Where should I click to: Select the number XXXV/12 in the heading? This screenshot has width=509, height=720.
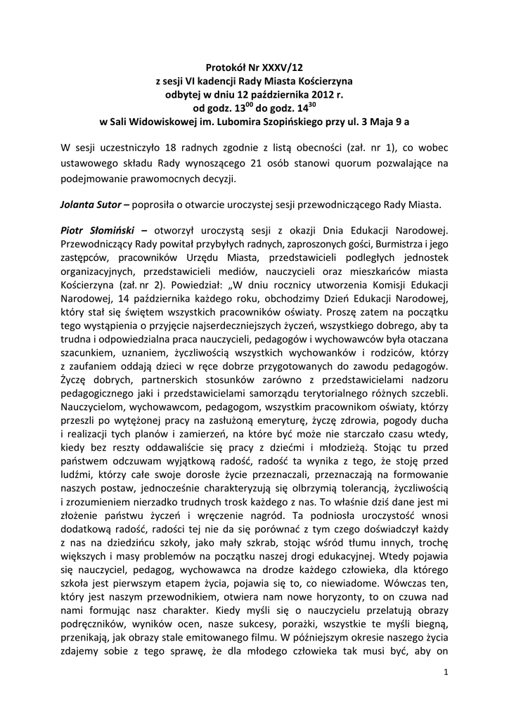pyautogui.click(x=276, y=68)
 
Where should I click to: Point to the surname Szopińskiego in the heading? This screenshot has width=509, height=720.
pyautogui.click(x=301, y=121)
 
